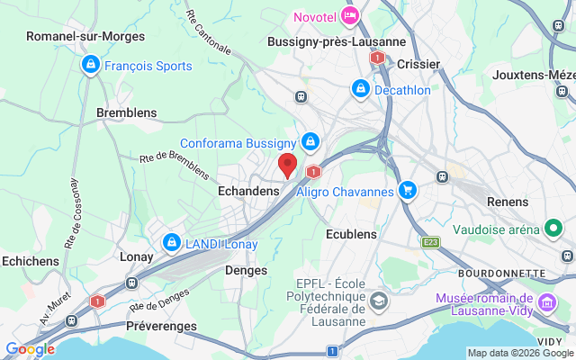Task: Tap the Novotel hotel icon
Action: [x=351, y=15]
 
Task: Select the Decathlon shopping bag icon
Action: [x=360, y=89]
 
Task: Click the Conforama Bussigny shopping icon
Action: [x=310, y=142]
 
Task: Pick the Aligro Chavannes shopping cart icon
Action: [x=408, y=191]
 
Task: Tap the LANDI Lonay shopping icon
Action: [x=171, y=243]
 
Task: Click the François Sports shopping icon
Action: [x=90, y=66]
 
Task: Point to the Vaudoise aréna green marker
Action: [x=553, y=229]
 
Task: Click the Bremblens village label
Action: [x=126, y=113]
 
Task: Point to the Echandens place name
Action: [x=248, y=192]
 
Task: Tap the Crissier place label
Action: [x=418, y=64]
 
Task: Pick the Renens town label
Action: [x=508, y=202]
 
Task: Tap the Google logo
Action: [x=30, y=349]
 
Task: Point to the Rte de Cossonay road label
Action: [x=69, y=214]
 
